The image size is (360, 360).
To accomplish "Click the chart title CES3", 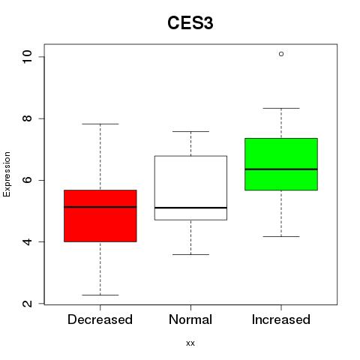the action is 190,23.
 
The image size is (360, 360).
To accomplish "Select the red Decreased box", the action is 100,216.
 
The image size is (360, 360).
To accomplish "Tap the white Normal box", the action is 190,188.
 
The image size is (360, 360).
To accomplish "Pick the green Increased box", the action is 281,164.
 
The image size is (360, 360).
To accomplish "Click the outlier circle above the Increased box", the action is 281,54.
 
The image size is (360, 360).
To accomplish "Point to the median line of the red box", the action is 100,207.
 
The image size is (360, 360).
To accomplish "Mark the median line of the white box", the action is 190,208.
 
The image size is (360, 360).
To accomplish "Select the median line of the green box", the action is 281,169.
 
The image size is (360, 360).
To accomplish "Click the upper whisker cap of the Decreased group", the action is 100,124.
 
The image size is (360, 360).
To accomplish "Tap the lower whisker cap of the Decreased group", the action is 100,295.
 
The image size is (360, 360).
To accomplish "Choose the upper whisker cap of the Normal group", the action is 190,131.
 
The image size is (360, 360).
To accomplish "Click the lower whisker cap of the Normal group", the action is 190,254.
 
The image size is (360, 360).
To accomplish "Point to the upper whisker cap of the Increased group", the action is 281,108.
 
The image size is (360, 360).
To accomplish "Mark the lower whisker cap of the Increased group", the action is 281,236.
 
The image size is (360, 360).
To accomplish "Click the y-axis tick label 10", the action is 27,57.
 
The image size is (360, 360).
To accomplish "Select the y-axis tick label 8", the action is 27,118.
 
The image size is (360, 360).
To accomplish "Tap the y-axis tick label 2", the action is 27,304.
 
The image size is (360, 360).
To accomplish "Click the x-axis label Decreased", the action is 100,319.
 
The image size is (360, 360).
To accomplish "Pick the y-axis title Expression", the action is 7,174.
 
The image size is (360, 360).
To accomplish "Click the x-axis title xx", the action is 190,343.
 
